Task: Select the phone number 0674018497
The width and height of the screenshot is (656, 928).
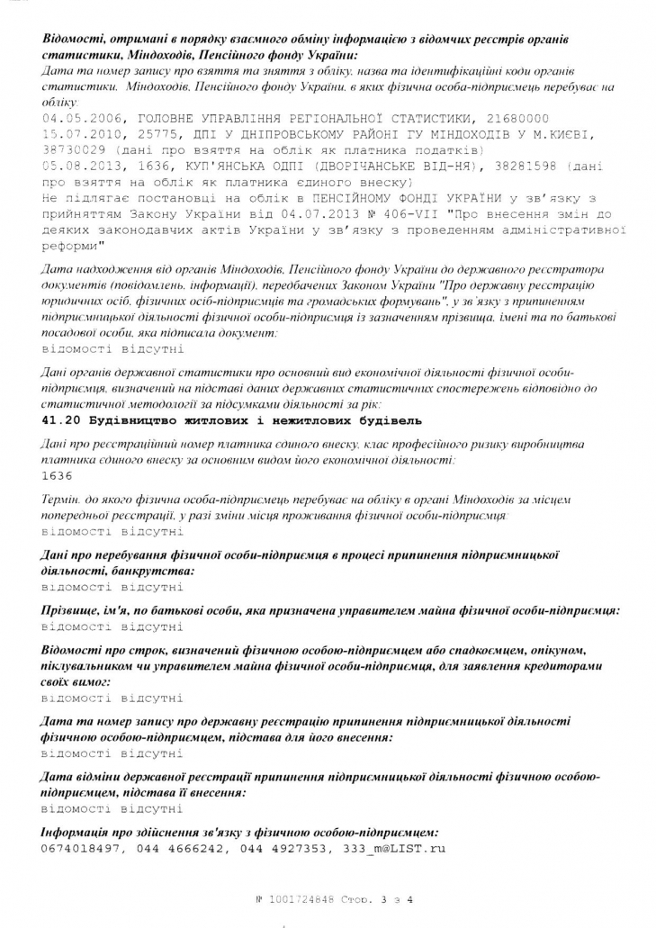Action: coord(81,849)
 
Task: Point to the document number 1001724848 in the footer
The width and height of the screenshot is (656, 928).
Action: coord(301,898)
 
